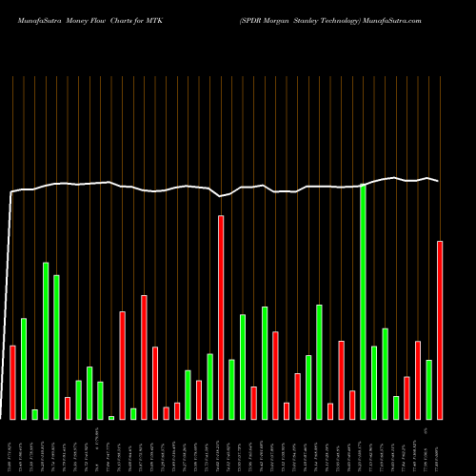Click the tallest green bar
pos(363,302)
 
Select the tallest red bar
pos(221,317)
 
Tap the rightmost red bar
pos(440,329)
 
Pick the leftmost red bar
pos(13,382)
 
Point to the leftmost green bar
pos(24,368)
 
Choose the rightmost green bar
pos(429,389)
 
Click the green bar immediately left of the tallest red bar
pos(209,386)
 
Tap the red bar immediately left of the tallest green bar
pos(352,405)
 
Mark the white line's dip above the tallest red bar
pos(221,196)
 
